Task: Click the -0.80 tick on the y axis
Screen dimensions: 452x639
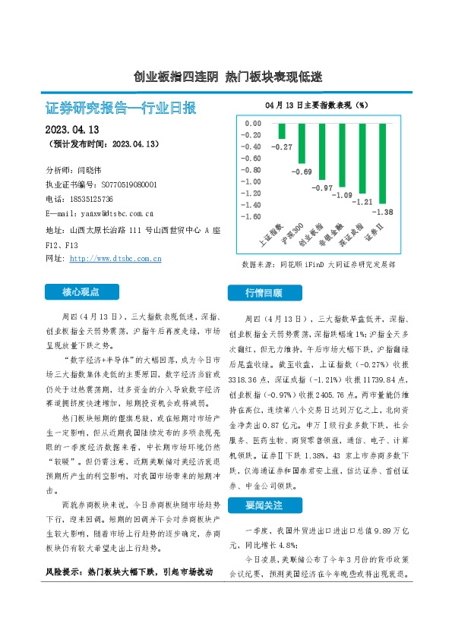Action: [x=251, y=169]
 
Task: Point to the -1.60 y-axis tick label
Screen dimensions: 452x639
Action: [x=251, y=216]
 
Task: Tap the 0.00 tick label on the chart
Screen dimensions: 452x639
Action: [x=253, y=122]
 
